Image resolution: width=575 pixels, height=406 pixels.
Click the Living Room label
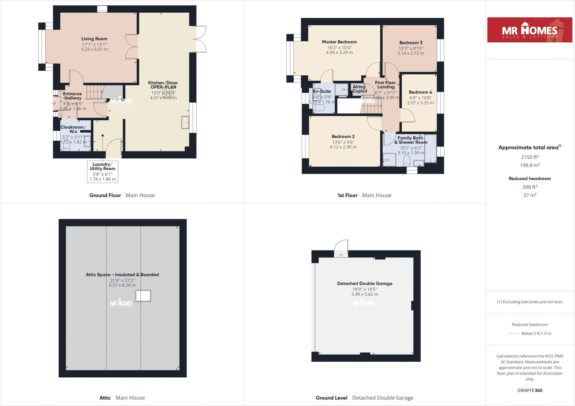tap(94, 39)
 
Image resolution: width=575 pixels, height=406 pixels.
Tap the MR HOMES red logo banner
tap(530, 30)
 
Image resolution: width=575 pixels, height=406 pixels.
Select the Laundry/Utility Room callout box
tap(102, 172)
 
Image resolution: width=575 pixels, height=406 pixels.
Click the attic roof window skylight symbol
tap(143, 296)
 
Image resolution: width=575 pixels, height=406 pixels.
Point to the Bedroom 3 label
tap(411, 43)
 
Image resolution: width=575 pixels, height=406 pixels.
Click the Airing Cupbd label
tap(359, 89)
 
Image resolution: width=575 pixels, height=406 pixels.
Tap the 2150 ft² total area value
tap(530, 157)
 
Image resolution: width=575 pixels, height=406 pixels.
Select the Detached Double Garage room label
tap(365, 283)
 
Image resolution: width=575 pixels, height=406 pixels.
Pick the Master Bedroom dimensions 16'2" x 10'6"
tap(339, 47)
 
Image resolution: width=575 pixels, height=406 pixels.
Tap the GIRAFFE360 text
tap(530, 390)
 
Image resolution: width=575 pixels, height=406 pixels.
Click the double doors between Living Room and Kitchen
tap(131, 47)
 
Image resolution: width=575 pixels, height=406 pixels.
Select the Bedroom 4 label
tap(420, 92)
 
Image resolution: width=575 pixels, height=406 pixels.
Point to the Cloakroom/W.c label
tap(73, 129)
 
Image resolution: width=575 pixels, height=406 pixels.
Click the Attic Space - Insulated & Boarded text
tap(122, 275)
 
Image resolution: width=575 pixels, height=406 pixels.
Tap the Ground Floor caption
tap(105, 195)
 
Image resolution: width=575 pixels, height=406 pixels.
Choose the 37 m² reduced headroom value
tap(530, 195)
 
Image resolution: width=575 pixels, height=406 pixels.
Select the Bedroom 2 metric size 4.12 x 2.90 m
tap(343, 147)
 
